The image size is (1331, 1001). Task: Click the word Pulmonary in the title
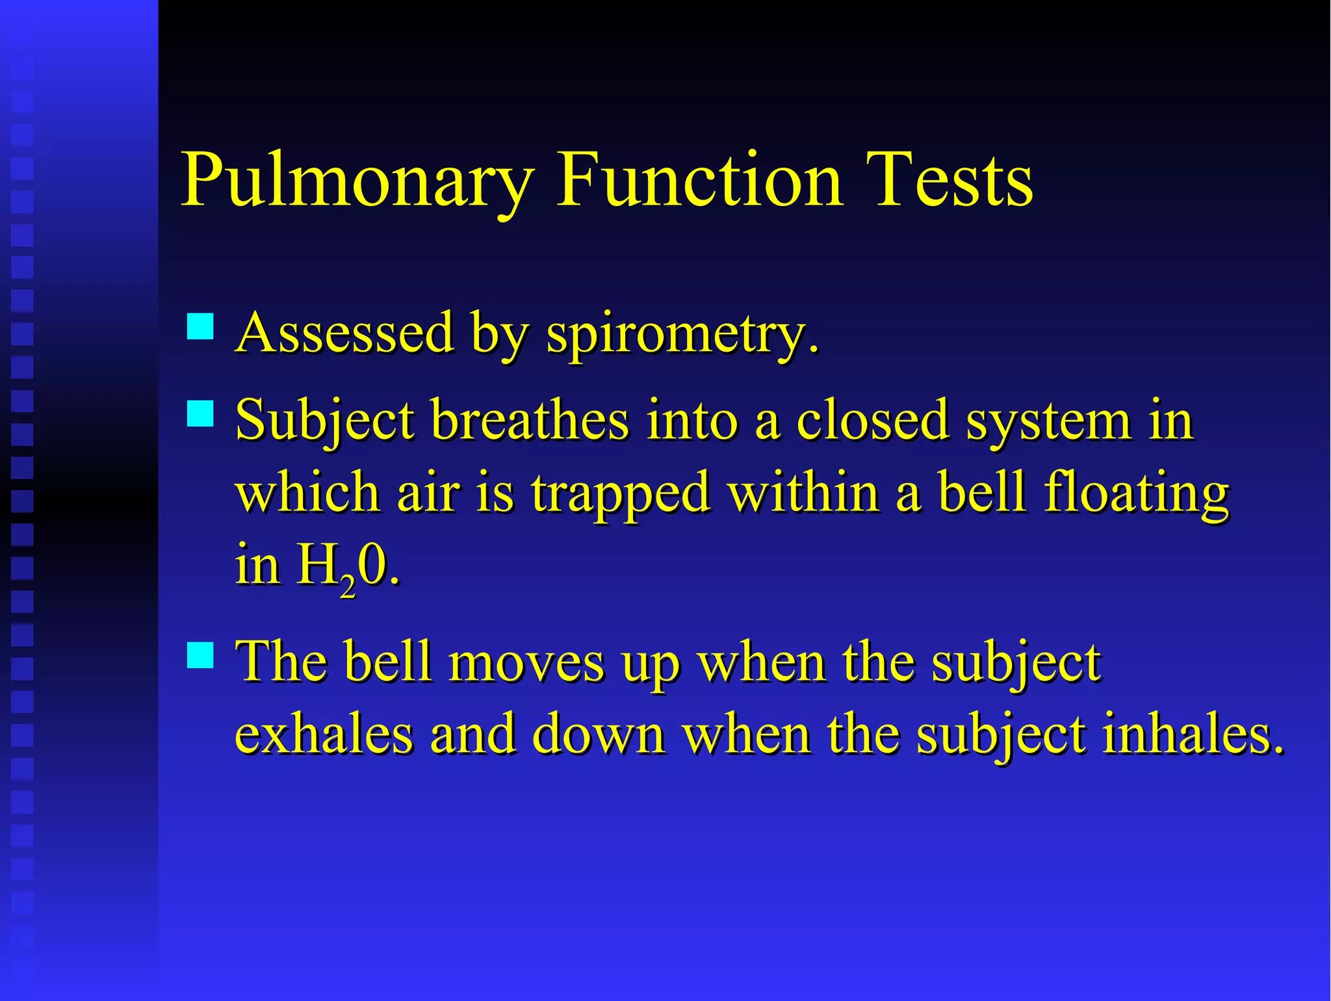[x=357, y=180]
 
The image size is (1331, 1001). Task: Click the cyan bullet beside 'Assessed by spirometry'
[x=200, y=326]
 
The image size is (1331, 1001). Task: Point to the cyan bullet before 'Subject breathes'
[x=200, y=413]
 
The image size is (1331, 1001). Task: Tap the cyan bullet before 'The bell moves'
[x=200, y=655]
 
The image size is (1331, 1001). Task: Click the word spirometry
[x=682, y=334]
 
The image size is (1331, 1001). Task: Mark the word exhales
[x=323, y=734]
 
